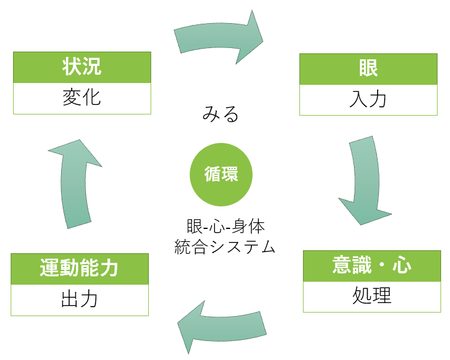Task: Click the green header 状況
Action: [82, 67]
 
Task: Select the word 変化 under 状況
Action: [82, 98]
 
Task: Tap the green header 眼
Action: [368, 69]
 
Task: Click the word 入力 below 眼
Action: [368, 99]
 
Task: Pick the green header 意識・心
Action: [372, 266]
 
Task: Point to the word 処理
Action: [372, 296]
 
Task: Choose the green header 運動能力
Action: [79, 269]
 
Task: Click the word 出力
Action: [79, 300]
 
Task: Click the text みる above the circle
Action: [221, 113]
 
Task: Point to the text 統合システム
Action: [225, 247]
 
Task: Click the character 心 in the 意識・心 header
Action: [402, 266]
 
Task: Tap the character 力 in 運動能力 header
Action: [109, 269]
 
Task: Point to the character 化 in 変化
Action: [91, 98]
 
